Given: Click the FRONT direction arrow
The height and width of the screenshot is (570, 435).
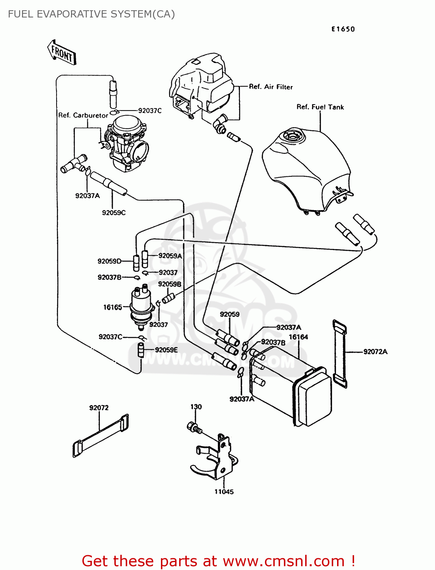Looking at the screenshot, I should coord(61,52).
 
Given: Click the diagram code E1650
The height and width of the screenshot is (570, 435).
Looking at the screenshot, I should coord(343,29).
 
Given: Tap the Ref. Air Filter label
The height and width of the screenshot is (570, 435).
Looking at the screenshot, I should coord(271,87).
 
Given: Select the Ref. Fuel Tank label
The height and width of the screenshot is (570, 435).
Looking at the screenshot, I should coord(320,107).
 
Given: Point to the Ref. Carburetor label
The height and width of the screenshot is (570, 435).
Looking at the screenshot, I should coord(83,116).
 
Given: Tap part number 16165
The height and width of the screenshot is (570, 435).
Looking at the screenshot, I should coord(113,307).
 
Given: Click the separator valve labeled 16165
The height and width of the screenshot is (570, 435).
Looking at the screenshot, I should coord(141,306).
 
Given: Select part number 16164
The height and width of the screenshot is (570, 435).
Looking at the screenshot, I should coord(298,337).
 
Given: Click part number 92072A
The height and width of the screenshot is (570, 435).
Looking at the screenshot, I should coord(375,352).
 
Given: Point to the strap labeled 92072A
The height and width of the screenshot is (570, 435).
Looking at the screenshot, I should coord(340,353).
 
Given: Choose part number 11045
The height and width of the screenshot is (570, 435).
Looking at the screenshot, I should coord(224,492).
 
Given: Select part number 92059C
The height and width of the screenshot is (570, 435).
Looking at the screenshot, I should coord(113,213).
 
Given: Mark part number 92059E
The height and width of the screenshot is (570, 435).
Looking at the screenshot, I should coord(166,350).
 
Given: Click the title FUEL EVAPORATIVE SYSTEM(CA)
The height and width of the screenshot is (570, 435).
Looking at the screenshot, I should coord(91,14).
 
